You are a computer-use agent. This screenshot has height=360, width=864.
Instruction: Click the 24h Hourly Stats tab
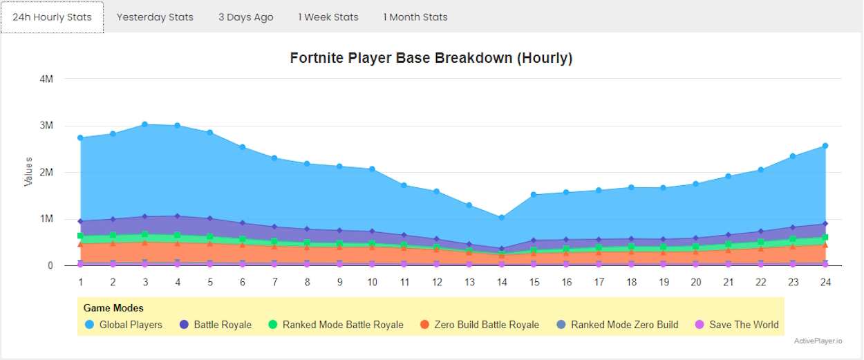(52, 17)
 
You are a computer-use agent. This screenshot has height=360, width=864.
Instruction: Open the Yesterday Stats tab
(155, 17)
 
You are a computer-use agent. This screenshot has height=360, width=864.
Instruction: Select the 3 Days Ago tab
(245, 17)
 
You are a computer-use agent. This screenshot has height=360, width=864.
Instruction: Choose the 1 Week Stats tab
(328, 17)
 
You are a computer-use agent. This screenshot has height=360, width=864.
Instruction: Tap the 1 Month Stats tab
(415, 17)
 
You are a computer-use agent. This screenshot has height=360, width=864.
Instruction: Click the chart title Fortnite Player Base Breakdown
(431, 58)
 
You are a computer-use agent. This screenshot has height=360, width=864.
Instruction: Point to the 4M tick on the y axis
(46, 79)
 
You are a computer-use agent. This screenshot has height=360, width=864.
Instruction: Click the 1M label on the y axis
(46, 219)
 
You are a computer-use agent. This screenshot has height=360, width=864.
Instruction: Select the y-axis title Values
(28, 171)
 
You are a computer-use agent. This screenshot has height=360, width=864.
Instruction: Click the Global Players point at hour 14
(502, 218)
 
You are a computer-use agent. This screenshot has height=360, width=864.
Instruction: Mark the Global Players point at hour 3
(145, 124)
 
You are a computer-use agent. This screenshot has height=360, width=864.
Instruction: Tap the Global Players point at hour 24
(825, 146)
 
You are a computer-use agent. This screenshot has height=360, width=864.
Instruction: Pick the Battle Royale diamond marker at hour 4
(178, 216)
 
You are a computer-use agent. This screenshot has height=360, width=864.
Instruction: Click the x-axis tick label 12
(437, 282)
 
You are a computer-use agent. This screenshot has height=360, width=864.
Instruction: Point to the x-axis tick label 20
(696, 282)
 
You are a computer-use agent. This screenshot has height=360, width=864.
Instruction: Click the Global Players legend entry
(124, 325)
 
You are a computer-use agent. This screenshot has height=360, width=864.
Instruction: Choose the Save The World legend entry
(737, 325)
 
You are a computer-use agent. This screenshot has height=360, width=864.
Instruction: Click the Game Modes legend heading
(113, 308)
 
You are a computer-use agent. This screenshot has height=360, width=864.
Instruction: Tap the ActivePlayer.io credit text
(818, 341)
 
